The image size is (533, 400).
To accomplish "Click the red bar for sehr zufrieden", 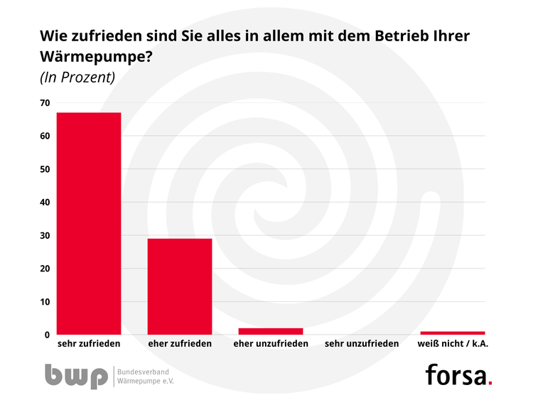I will [88, 223].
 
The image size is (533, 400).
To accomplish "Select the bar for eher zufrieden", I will [179, 286].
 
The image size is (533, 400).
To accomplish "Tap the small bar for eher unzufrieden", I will [270, 331].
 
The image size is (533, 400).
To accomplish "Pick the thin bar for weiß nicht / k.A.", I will [452, 333].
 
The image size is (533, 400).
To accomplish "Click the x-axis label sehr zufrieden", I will [88, 344].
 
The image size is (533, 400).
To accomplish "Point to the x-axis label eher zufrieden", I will [179, 344].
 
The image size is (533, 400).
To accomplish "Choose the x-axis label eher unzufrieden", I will [270, 344].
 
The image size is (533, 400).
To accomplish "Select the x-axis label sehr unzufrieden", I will [361, 344].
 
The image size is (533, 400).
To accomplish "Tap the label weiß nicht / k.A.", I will [452, 344].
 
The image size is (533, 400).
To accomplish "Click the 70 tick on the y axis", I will [45, 103].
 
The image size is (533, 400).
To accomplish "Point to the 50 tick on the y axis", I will [45, 169].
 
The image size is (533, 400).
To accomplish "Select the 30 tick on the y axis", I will [45, 235].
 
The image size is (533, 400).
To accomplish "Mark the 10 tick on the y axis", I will [45, 302].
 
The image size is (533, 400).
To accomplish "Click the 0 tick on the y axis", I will [47, 335].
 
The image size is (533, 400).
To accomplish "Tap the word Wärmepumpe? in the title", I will [95, 57].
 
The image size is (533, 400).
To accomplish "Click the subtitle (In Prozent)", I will [77, 77].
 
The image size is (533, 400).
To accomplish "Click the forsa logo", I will [458, 374].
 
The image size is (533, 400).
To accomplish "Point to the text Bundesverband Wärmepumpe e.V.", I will [145, 376].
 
